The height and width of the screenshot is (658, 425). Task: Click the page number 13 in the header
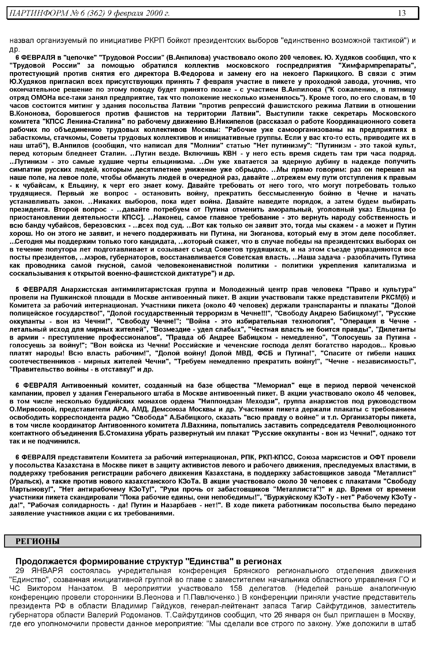(402, 13)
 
